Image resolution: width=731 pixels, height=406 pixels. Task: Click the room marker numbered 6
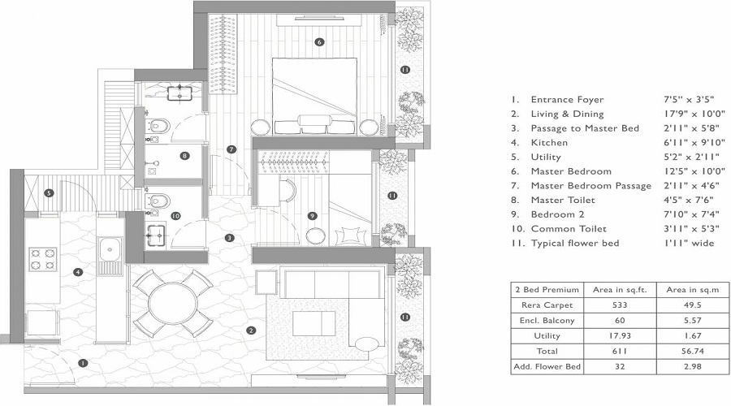click(x=319, y=41)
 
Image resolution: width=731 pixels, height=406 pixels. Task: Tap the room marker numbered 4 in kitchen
click(x=78, y=273)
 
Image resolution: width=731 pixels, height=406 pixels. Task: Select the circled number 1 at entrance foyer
click(x=81, y=363)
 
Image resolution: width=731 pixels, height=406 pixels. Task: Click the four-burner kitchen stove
click(x=42, y=259)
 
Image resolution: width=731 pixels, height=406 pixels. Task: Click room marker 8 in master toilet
click(x=185, y=156)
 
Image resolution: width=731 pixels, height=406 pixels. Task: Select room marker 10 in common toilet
click(x=175, y=216)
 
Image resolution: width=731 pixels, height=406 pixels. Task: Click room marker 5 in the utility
click(x=50, y=193)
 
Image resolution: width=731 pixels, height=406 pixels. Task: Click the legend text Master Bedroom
click(x=570, y=171)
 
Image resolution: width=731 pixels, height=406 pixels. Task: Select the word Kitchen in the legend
click(x=549, y=143)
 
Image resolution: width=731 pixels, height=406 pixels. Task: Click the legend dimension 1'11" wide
click(x=688, y=244)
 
